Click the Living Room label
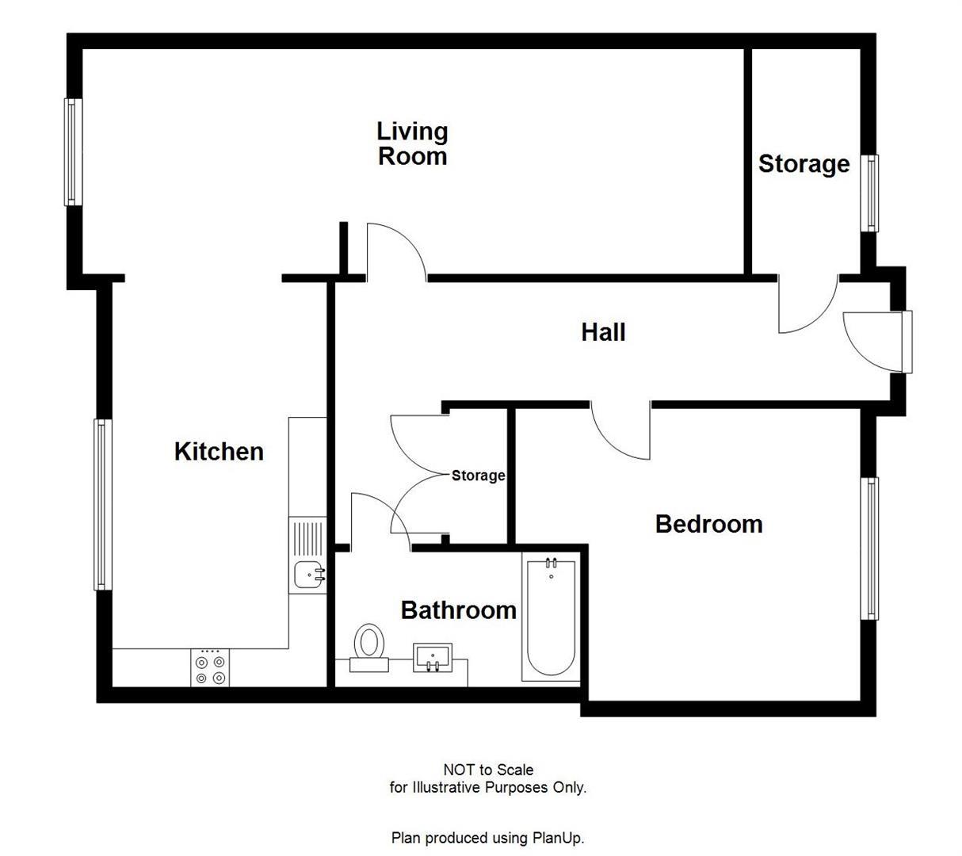(x=412, y=143)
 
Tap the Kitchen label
(x=219, y=452)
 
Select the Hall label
(x=603, y=332)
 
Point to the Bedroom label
(x=708, y=524)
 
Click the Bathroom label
(x=458, y=610)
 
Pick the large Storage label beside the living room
(x=804, y=164)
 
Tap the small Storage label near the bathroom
(x=478, y=476)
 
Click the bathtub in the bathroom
(x=549, y=617)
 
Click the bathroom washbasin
(x=432, y=657)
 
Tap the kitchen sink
(x=308, y=574)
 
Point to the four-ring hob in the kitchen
(x=210, y=667)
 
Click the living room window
(x=73, y=151)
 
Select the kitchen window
(x=101, y=504)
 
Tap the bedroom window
(x=870, y=548)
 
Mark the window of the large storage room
(x=870, y=193)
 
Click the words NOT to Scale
(x=488, y=770)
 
